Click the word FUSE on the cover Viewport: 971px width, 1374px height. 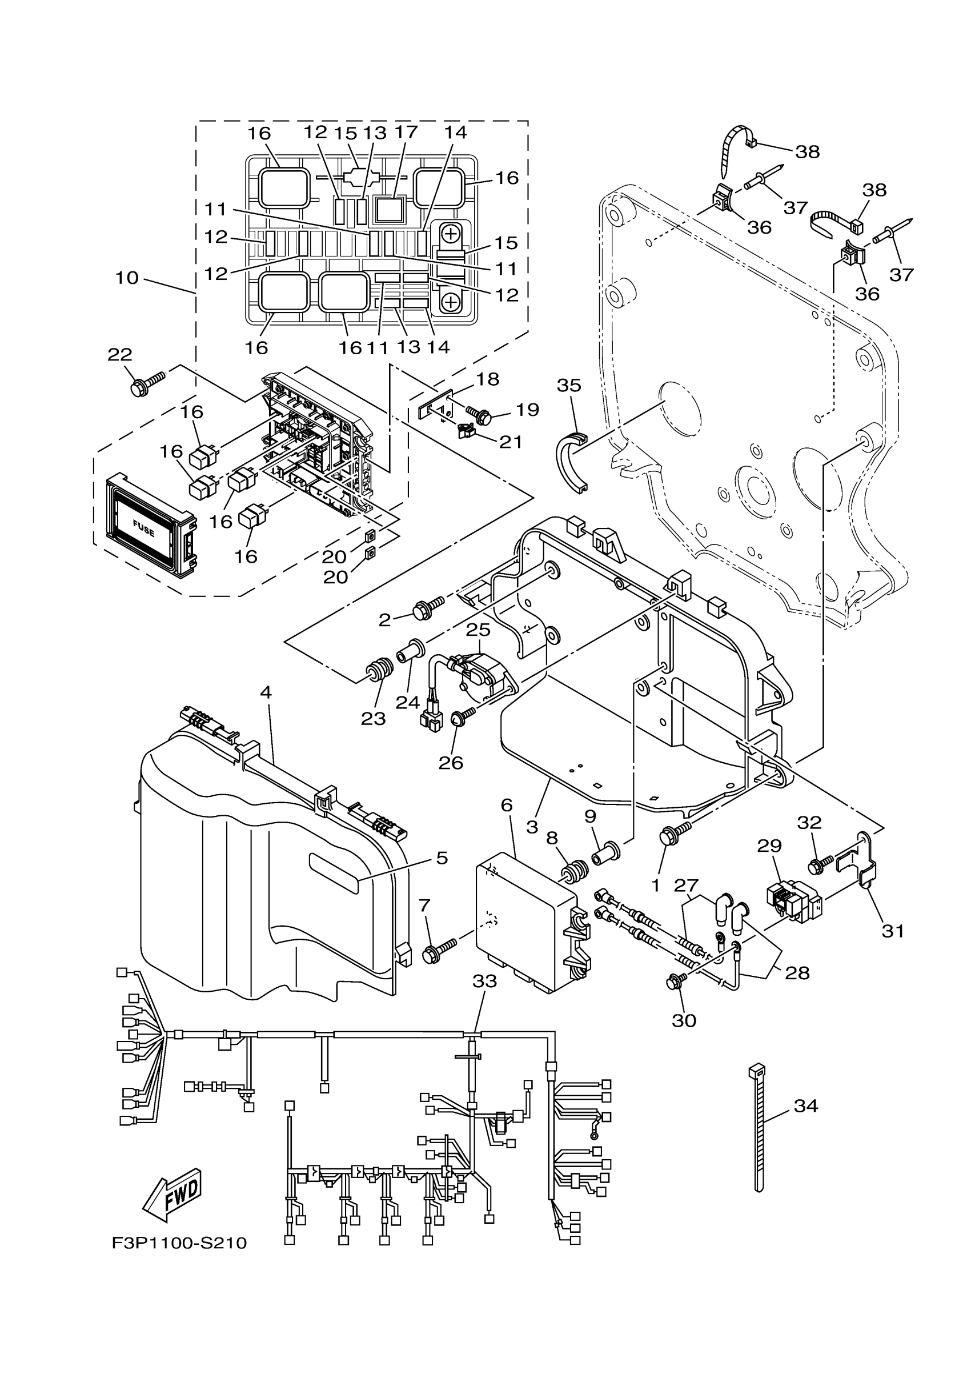(x=143, y=528)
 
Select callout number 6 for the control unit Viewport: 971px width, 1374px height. (x=506, y=806)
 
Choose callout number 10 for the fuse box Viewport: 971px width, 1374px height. (x=127, y=278)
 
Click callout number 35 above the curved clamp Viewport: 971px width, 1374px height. (x=568, y=386)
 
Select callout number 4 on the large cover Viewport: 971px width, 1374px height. (x=266, y=692)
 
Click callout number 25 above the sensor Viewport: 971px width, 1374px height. (x=478, y=630)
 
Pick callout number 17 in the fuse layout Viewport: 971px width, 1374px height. (x=406, y=132)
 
